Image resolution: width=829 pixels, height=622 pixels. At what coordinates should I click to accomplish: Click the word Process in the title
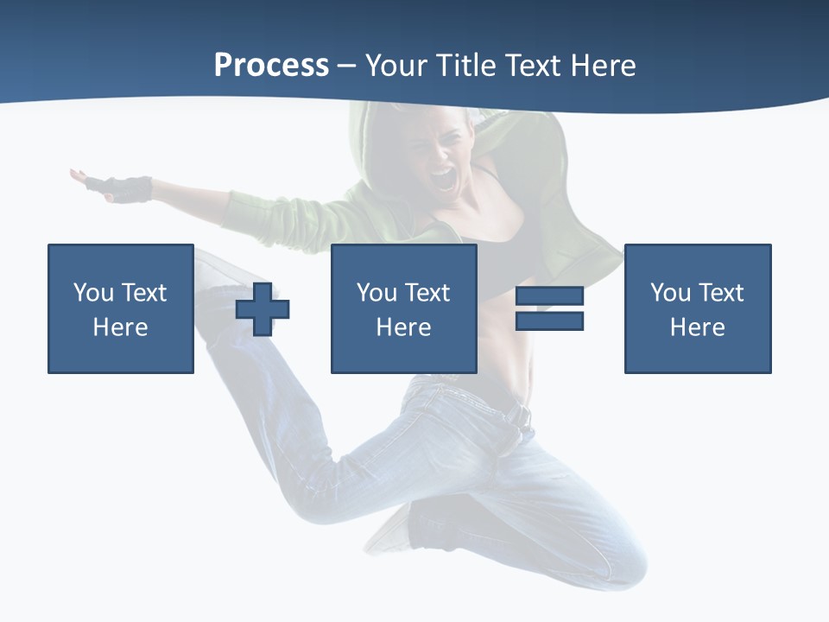coord(271,66)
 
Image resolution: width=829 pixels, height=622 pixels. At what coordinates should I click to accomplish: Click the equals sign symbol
coord(549,308)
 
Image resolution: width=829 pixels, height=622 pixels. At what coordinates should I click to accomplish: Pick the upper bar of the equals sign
coord(549,297)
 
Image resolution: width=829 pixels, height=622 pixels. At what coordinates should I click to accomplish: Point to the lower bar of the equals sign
coord(549,321)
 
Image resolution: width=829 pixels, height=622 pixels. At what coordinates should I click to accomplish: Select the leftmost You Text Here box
coord(120,308)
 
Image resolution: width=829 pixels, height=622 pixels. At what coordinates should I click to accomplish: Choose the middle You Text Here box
coord(403,308)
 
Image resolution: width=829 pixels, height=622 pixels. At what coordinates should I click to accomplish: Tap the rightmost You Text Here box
coord(697,308)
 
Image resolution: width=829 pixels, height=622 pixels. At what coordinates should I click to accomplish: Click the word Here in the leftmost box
coord(120,327)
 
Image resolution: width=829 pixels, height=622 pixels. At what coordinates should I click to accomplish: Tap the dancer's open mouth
coord(443,180)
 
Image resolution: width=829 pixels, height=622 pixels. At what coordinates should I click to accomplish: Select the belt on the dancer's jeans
coord(518,416)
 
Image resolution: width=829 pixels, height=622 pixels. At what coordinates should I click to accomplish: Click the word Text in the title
coord(532,66)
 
